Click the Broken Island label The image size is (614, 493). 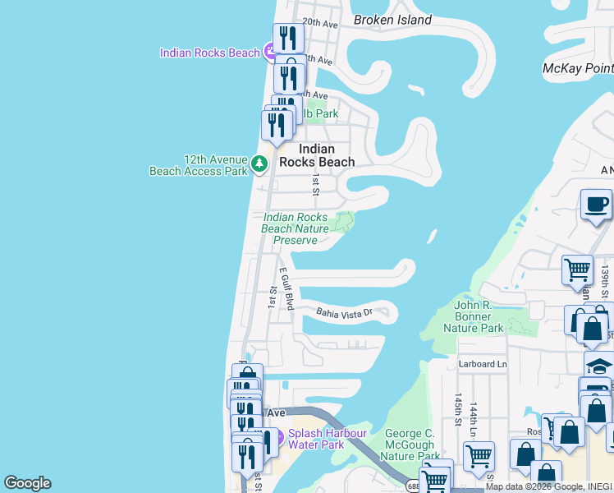coord(392,20)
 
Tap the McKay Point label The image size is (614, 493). coord(578,69)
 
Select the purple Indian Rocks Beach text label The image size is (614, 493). coord(210,53)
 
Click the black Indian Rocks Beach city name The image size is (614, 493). coord(316,155)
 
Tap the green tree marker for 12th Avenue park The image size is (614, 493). coord(259,164)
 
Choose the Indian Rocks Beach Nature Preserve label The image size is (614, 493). coord(295,229)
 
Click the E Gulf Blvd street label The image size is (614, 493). coord(286,288)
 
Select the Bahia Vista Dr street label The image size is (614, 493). coord(345,311)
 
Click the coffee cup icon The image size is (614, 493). coord(596,205)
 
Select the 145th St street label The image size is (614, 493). coord(457,403)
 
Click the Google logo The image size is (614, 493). coord(27,483)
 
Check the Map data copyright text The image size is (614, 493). coord(548,486)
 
